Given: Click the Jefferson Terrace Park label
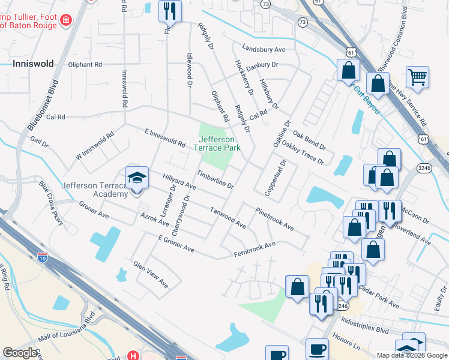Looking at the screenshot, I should (x=217, y=143).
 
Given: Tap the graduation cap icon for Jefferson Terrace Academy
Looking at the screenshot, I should (x=137, y=178).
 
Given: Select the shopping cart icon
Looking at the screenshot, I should (x=417, y=77).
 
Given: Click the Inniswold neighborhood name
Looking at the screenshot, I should (x=32, y=64).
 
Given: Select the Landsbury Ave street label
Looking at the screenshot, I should (x=264, y=49).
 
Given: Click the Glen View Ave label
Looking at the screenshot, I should (x=150, y=274).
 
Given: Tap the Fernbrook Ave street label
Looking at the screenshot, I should (x=254, y=248).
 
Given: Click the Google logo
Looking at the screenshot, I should (x=19, y=353).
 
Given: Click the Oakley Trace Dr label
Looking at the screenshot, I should (x=303, y=154).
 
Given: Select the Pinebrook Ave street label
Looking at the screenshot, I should (x=274, y=220).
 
